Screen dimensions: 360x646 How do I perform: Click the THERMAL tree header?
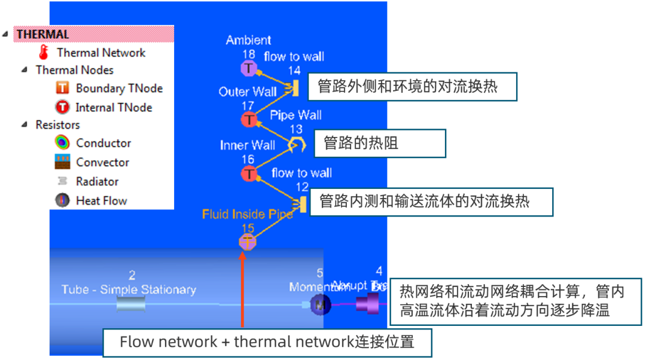[43, 34]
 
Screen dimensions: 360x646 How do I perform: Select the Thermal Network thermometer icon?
[43, 53]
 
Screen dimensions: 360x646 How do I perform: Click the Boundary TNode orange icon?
[62, 89]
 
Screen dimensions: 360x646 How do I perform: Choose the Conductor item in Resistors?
[103, 143]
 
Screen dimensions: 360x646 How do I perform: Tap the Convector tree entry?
[102, 162]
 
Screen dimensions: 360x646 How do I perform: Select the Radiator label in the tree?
[97, 181]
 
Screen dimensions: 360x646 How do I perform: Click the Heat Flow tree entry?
[101, 201]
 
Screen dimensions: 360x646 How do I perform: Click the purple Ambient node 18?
[248, 69]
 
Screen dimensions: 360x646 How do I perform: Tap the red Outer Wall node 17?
[248, 120]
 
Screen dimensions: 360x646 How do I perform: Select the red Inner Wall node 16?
[248, 174]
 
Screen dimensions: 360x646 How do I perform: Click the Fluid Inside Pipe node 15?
[248, 242]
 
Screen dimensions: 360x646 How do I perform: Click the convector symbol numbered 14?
[294, 89]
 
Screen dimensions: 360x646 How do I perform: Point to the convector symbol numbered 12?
[303, 205]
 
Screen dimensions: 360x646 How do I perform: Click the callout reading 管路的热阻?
[379, 144]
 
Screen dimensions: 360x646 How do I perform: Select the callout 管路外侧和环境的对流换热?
[412, 87]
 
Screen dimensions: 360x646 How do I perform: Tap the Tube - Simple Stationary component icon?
[131, 306]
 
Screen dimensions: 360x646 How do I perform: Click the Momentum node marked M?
[319, 306]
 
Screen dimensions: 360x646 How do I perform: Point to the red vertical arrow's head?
[242, 256]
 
